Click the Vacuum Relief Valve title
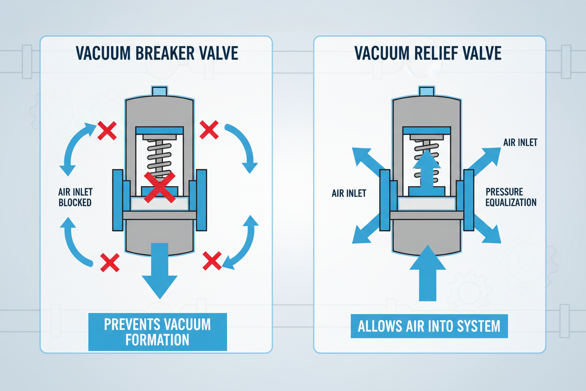(429, 53)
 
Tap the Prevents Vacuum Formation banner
(157, 331)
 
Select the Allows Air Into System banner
(429, 326)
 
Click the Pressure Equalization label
(511, 197)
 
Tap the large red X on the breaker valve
(159, 186)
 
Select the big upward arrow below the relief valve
(427, 273)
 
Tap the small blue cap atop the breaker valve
(160, 91)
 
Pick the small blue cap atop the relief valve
(426, 91)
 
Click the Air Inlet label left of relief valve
(349, 193)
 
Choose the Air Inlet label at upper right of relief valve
(520, 142)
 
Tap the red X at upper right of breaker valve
(209, 129)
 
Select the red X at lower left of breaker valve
(109, 262)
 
